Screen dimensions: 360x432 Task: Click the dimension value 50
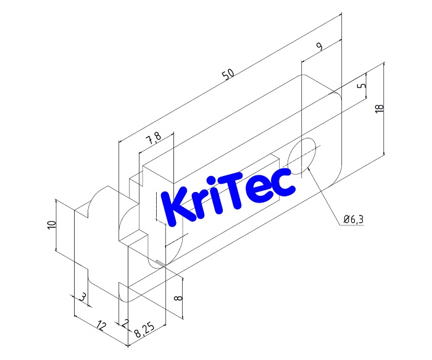(x=228, y=74)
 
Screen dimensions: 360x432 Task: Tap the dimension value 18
(x=380, y=107)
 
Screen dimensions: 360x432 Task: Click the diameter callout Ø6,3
(x=355, y=219)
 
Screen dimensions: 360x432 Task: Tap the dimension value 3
(x=83, y=298)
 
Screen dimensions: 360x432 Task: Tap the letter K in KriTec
(x=173, y=208)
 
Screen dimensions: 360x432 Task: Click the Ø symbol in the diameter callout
(x=347, y=219)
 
